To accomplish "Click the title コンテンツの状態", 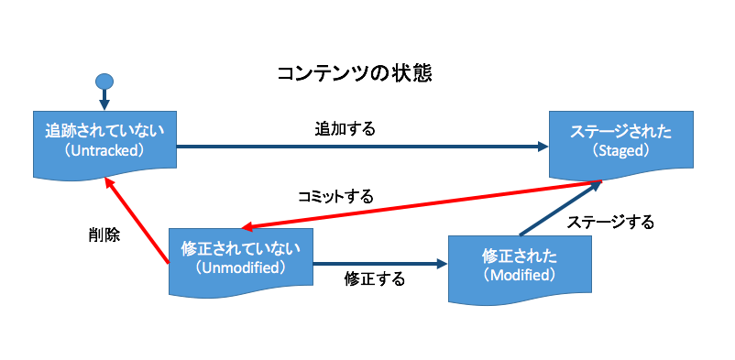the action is (x=354, y=74).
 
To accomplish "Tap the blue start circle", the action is (x=104, y=82).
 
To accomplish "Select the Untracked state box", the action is (x=105, y=146).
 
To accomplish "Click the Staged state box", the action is (x=621, y=146).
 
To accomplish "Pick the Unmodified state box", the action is (x=240, y=263).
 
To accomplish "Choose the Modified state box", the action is (x=520, y=270).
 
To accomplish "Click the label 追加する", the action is (x=345, y=129).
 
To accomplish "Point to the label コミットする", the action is (x=335, y=197).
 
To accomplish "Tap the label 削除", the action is (x=104, y=235).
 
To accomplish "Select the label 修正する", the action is (x=374, y=279).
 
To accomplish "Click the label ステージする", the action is (x=609, y=223).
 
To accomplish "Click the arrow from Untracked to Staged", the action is (x=363, y=147).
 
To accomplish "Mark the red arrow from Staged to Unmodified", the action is (x=422, y=204).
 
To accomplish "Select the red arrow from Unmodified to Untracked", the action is (x=137, y=221).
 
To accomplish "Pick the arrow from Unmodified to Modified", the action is (x=380, y=264).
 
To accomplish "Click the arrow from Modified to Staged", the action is (x=561, y=208).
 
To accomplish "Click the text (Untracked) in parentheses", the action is (x=104, y=151).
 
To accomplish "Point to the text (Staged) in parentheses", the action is (x=621, y=151).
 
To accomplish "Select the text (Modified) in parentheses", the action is (x=520, y=276).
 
